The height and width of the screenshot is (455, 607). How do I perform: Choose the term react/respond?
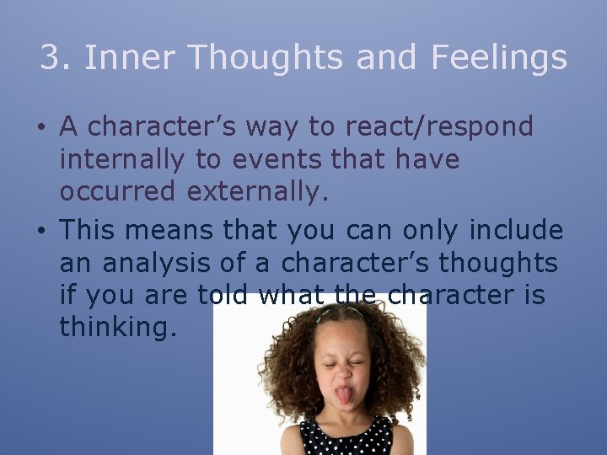[x=437, y=127]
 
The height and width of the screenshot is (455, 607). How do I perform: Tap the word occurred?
[x=119, y=193]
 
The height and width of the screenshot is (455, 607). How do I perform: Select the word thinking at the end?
[x=118, y=328]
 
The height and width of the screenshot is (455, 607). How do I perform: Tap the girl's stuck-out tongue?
[x=345, y=393]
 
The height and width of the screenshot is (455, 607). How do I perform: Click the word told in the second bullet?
[x=225, y=296]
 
